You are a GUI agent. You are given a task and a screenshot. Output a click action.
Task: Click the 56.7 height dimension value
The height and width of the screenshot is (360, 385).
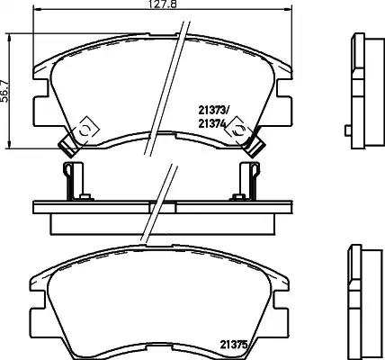(5, 91)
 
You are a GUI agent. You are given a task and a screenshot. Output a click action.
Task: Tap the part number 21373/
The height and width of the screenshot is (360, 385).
(213, 111)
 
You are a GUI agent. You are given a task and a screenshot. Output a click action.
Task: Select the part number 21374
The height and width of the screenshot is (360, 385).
(211, 123)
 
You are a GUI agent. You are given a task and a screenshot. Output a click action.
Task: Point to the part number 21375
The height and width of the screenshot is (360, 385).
(234, 345)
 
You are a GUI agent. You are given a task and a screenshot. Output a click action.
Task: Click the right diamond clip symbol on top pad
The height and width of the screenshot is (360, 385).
(239, 130)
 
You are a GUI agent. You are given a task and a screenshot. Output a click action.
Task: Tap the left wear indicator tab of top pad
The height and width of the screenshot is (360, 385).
(68, 147)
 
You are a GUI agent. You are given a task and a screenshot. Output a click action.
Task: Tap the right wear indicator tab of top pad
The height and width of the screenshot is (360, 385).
(255, 147)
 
